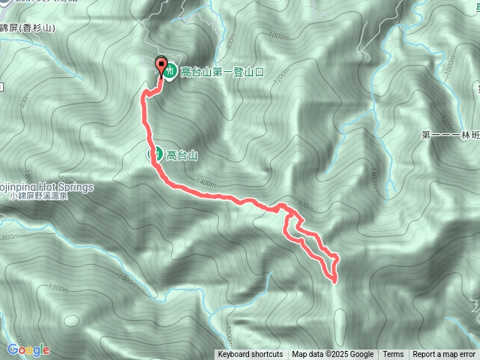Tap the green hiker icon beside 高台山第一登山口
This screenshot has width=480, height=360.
tap(170, 72)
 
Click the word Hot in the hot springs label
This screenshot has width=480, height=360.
tap(53, 187)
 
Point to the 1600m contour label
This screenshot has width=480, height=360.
tap(304, 202)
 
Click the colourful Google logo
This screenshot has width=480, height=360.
tap(28, 349)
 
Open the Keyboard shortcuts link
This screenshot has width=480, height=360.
tap(250, 355)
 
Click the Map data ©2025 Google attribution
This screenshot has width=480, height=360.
tap(332, 355)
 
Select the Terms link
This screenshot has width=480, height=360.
tap(393, 355)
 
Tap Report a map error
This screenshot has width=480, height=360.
tap(444, 355)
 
